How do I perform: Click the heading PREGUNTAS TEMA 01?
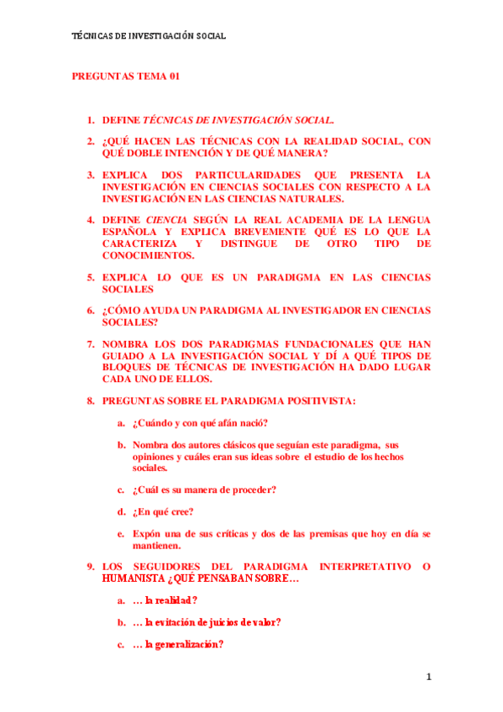pyautogui.click(x=126, y=76)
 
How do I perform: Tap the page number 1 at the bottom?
pyautogui.click(x=427, y=676)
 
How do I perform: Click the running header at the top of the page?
pyautogui.click(x=149, y=36)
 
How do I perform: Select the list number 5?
pyautogui.click(x=91, y=277)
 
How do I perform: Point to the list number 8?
pyautogui.click(x=91, y=400)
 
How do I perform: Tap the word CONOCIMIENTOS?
pyautogui.click(x=148, y=255)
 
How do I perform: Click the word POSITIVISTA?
pyautogui.click(x=320, y=400)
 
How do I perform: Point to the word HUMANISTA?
pyautogui.click(x=133, y=578)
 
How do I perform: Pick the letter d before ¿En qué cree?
pyautogui.click(x=122, y=511)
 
